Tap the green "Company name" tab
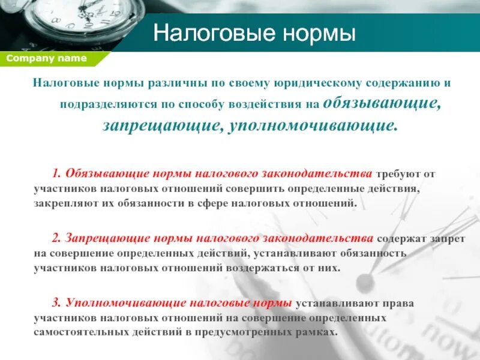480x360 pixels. [46, 58]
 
